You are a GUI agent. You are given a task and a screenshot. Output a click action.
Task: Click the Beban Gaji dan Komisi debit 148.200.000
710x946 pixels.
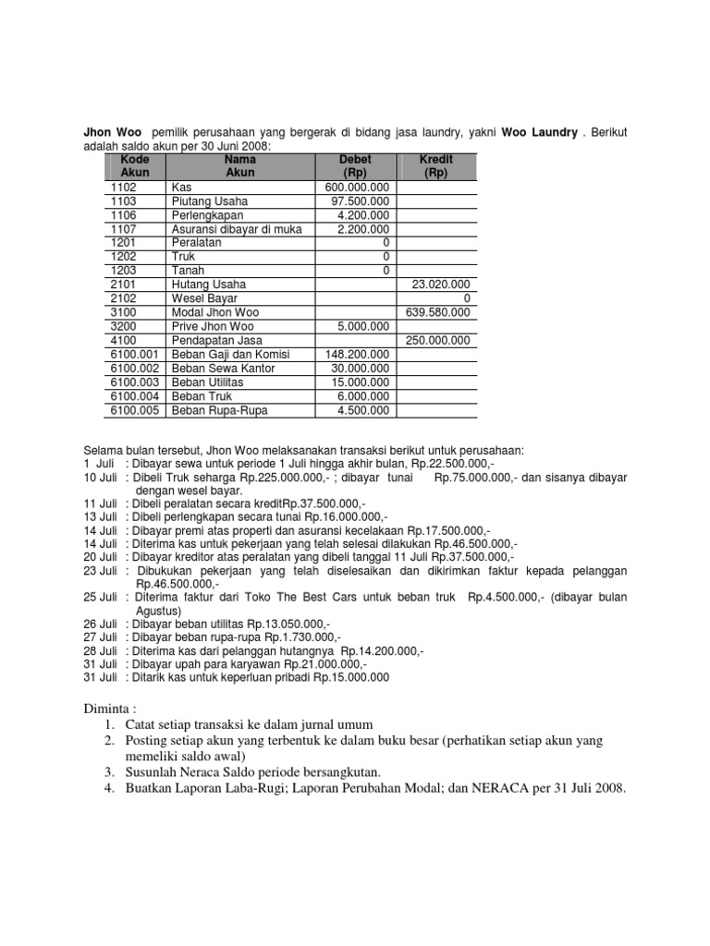coord(357,355)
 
